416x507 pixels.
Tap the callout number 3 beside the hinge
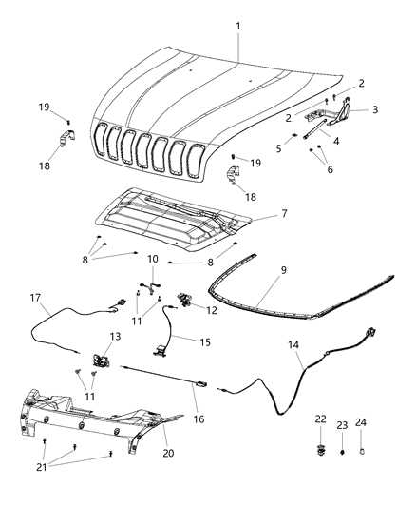(x=375, y=109)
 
